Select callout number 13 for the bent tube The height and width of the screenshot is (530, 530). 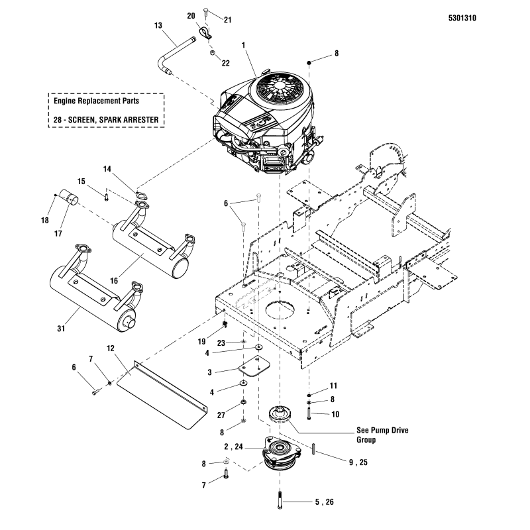[158, 25]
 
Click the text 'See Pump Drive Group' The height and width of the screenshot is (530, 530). [382, 435]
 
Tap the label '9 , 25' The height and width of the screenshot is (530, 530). [356, 463]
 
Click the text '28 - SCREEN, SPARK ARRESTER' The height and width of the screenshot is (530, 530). [106, 120]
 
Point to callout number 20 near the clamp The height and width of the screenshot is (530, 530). [191, 15]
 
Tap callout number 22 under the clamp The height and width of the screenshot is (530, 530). [225, 63]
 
